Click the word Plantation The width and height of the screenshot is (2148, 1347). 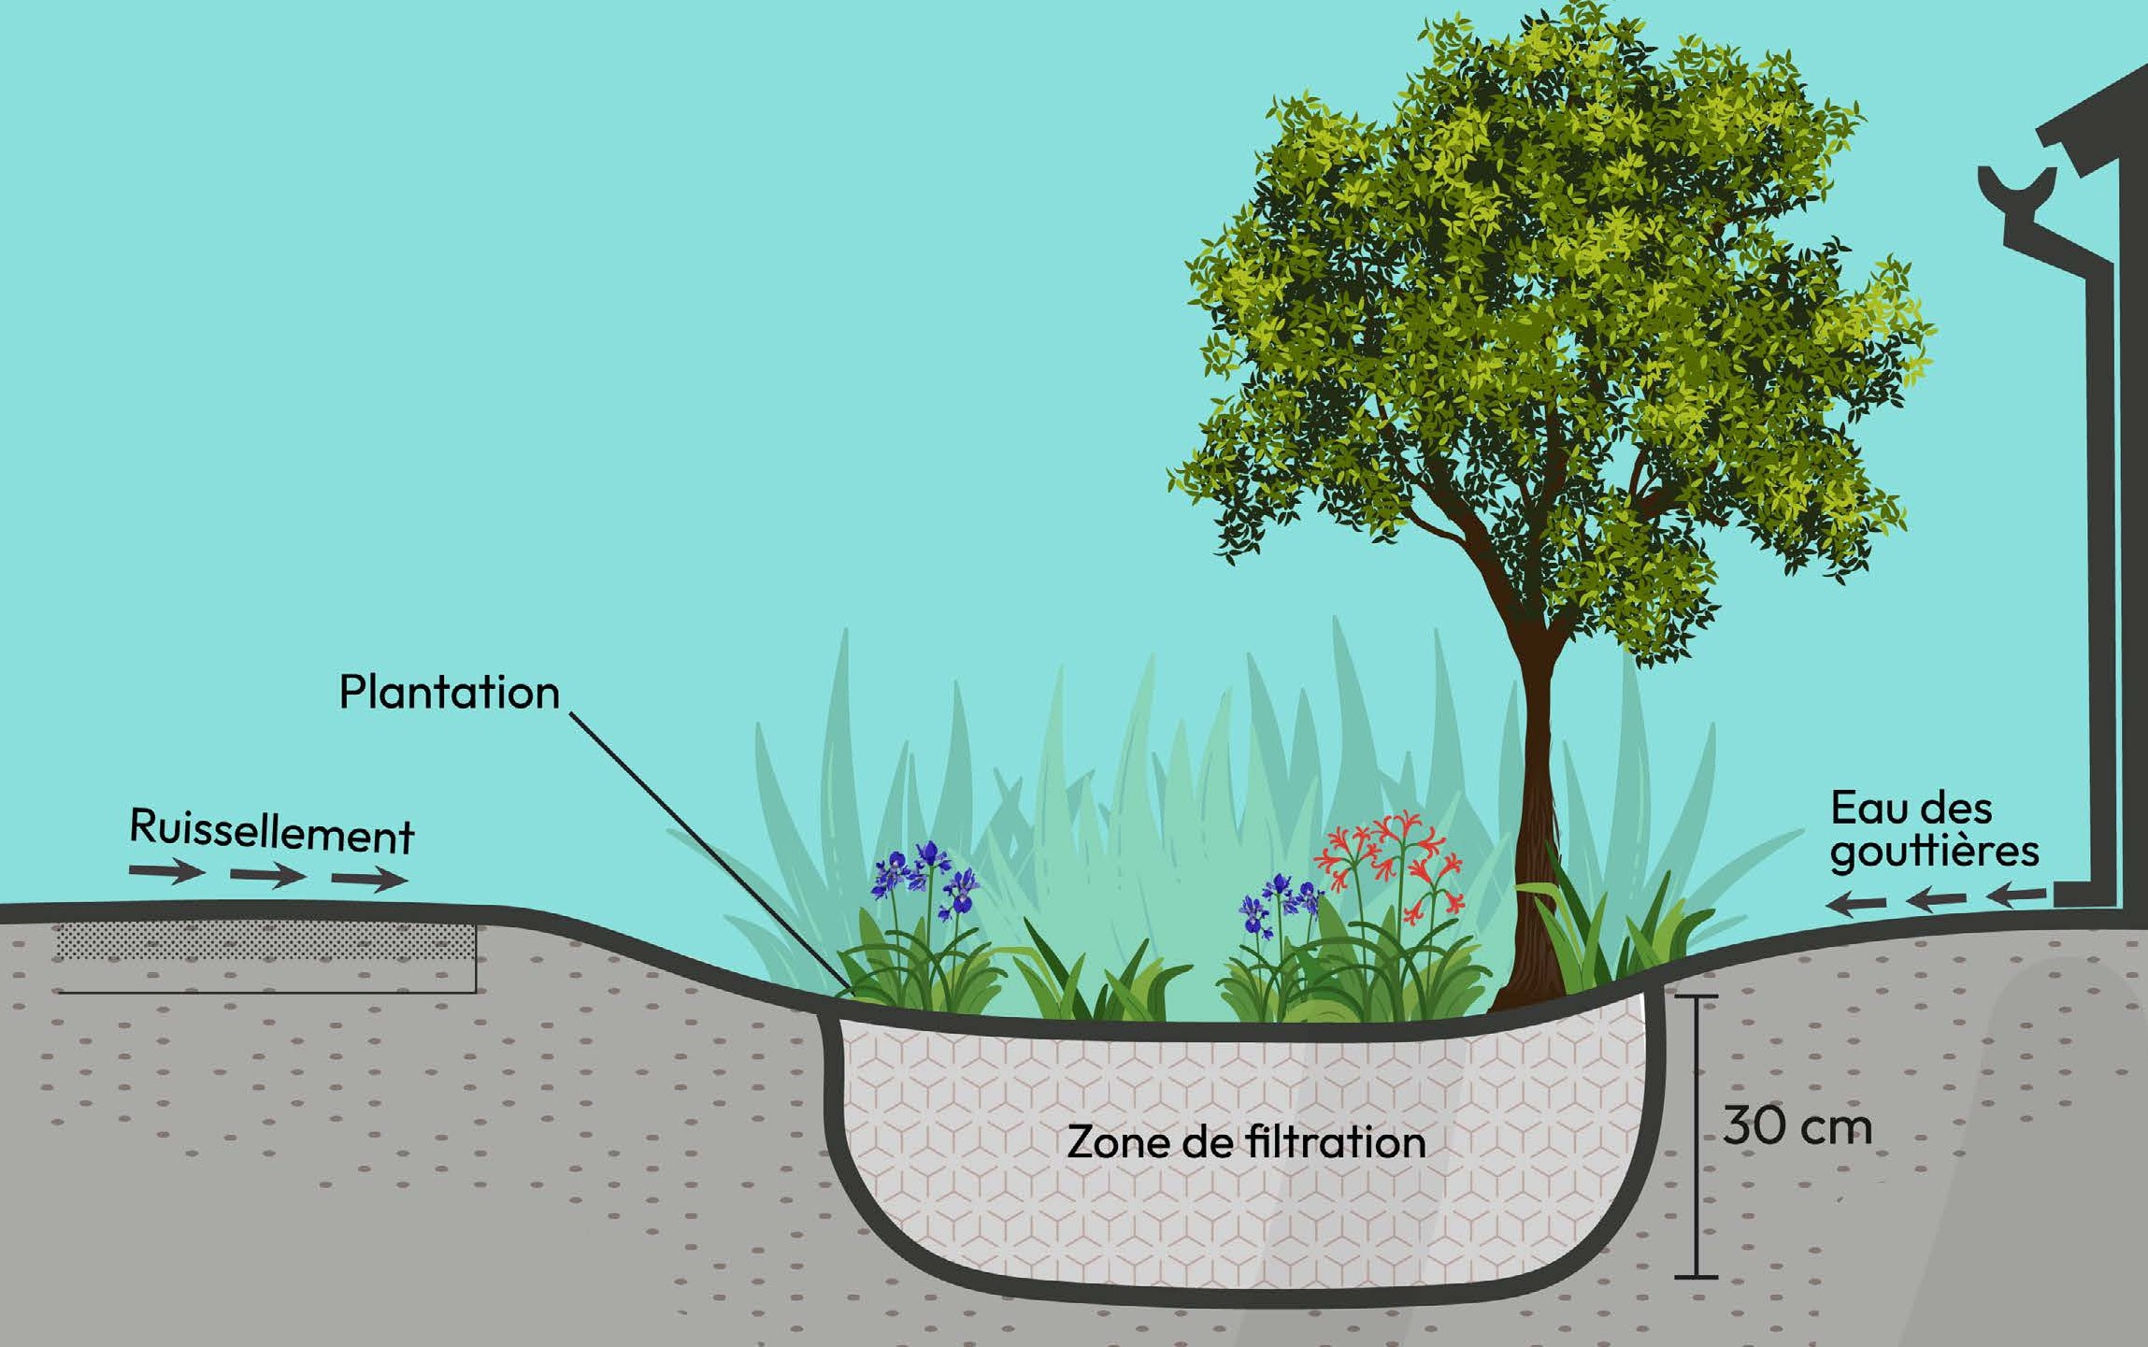pos(449,693)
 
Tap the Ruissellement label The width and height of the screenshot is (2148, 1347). pos(271,830)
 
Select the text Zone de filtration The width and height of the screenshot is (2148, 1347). pos(1246,1142)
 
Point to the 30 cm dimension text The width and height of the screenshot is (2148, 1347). pos(1797,1126)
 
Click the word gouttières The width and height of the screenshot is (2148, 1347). pos(1934,853)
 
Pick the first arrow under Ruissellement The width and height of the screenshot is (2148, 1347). pos(166,873)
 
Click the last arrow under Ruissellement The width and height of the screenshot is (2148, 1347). pos(369,879)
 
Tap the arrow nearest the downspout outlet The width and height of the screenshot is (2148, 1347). pos(2016,896)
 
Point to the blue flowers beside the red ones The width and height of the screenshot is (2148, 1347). pos(1280,903)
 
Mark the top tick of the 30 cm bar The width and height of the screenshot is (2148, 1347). pos(1696,997)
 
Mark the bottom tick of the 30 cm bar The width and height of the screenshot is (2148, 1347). pos(1696,1276)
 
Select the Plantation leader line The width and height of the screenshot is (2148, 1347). pos(710,851)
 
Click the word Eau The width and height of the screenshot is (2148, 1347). pos(1865,809)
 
